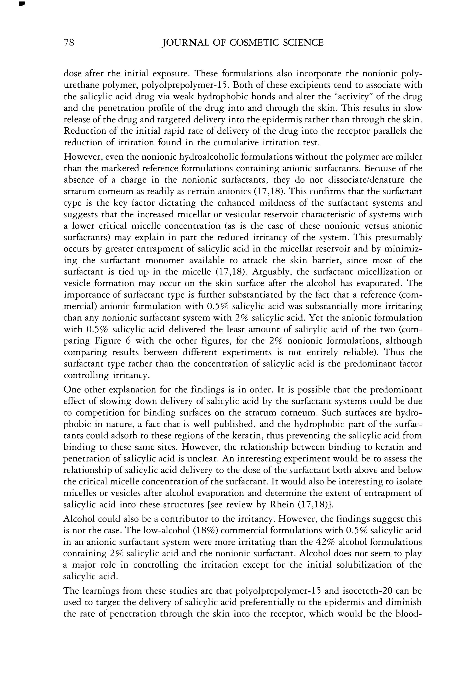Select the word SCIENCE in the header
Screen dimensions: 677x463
[303, 43]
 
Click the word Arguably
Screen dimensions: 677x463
[267, 272]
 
